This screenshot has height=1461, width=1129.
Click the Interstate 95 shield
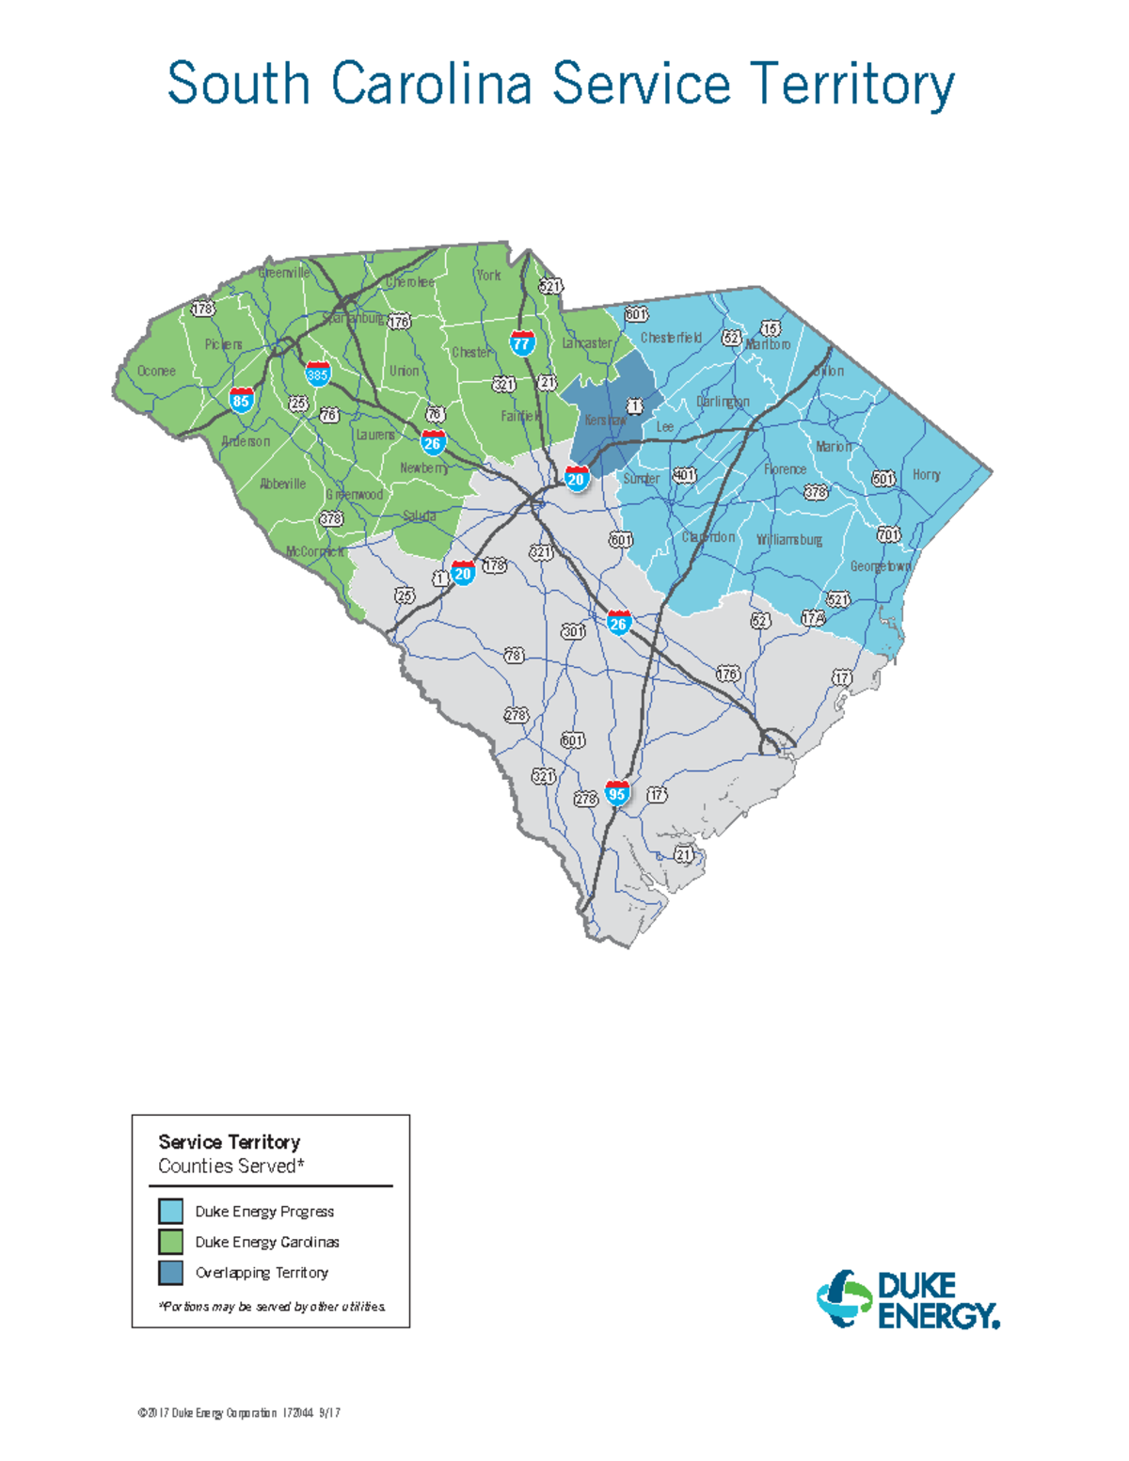point(617,792)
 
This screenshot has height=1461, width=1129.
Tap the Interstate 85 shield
point(242,399)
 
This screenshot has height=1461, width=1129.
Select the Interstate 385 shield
point(317,373)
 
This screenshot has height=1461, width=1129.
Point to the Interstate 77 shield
point(522,342)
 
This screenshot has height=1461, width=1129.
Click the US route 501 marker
point(883,479)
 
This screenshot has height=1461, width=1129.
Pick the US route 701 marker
point(888,534)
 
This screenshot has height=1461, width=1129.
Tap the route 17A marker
point(813,618)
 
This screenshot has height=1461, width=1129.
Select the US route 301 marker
point(573,631)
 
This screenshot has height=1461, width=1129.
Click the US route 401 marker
point(684,475)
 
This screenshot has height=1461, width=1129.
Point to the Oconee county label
point(156,371)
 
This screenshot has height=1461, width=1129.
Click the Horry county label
point(926,475)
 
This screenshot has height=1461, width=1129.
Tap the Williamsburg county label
point(789,540)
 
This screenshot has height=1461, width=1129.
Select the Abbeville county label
point(282,484)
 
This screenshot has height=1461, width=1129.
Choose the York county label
point(488,276)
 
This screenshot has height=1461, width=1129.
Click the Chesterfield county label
point(671,338)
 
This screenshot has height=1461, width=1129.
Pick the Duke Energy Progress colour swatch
point(170,1211)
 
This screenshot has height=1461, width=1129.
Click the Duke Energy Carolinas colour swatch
point(170,1242)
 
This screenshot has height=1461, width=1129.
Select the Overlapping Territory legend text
point(262,1273)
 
